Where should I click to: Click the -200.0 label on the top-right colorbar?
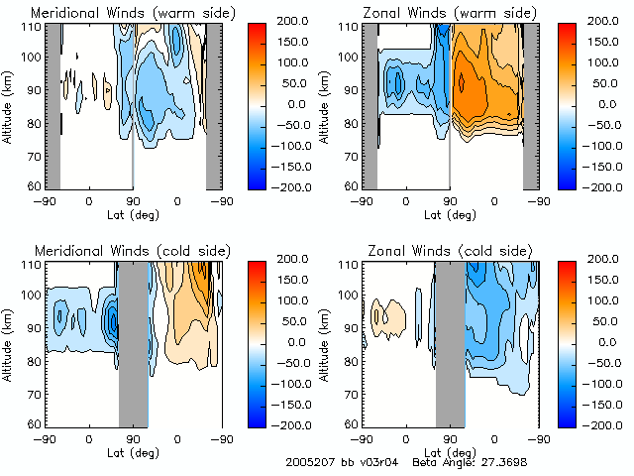point(607,186)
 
